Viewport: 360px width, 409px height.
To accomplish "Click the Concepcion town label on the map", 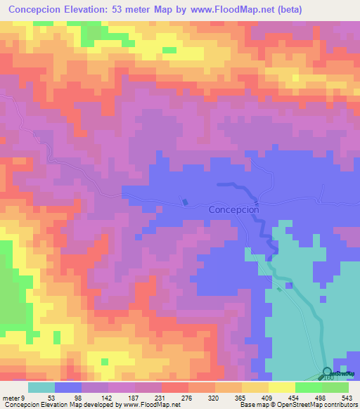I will coord(234,209).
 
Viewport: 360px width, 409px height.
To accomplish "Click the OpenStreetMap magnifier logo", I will coord(328,372).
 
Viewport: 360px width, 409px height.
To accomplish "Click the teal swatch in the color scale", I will coord(41,388).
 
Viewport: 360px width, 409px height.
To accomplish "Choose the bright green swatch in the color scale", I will coord(308,388).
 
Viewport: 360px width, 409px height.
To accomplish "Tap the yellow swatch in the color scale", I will coord(281,388).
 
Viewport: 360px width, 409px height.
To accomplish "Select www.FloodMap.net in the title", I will coord(252,9).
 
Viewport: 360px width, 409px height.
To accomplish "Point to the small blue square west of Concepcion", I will coord(185,202).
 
